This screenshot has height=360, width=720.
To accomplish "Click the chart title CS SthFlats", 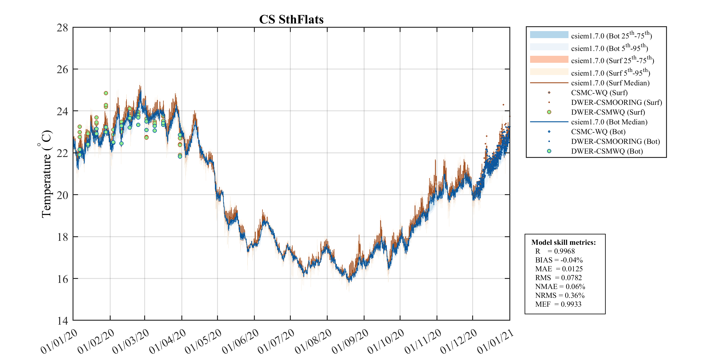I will [x=291, y=20].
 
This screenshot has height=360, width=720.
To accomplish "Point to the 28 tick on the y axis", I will [x=62, y=28].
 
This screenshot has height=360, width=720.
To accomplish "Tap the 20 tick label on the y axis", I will [x=62, y=195].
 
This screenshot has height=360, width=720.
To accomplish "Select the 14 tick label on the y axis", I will [x=62, y=320].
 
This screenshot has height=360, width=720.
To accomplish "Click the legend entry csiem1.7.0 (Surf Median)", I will [x=610, y=83].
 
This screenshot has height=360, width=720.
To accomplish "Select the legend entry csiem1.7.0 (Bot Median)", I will [x=609, y=122].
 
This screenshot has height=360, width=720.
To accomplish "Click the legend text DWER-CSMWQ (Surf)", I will [x=608, y=112].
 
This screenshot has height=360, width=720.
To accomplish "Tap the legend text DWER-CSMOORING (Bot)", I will [x=615, y=141].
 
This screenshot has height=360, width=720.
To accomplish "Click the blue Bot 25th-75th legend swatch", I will [x=549, y=35].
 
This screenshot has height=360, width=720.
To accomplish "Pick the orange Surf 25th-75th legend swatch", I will [x=549, y=59].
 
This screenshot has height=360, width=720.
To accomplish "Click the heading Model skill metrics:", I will [x=563, y=242].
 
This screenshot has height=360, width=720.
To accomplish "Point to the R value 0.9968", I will [x=564, y=251].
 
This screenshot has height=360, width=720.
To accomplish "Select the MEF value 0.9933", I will [x=571, y=304].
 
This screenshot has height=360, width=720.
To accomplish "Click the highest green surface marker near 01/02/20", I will [x=106, y=93].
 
